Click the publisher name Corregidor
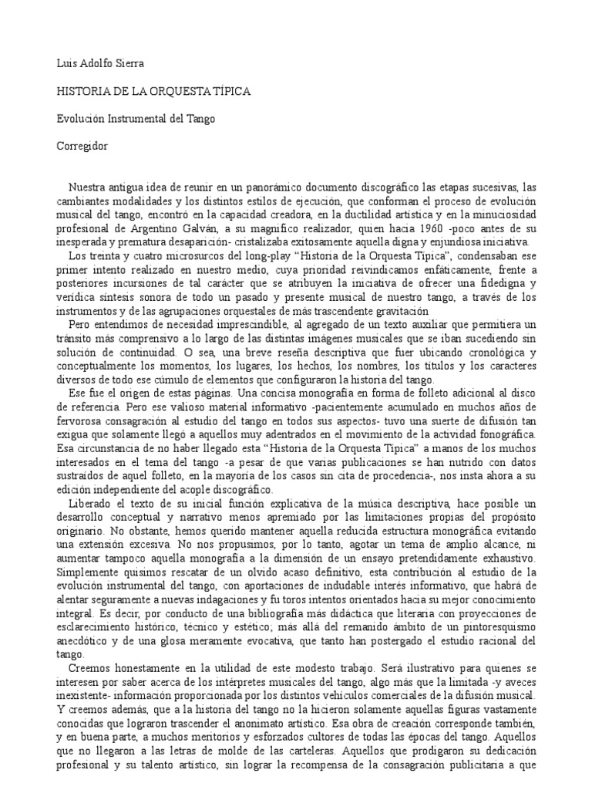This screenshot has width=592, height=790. (x=82, y=147)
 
